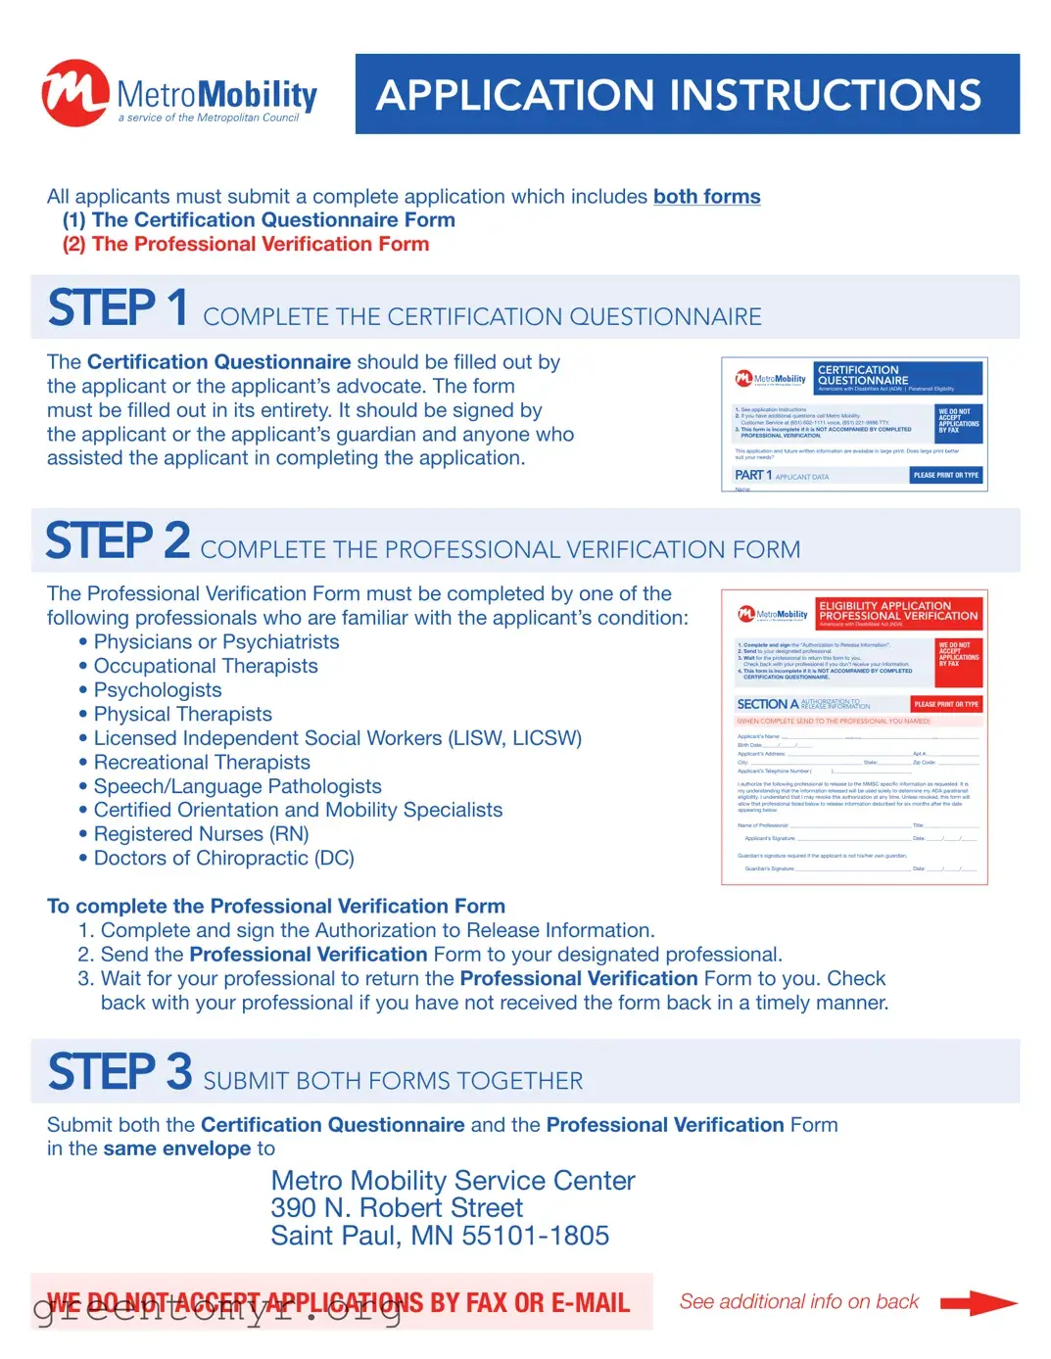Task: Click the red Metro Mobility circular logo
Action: click(74, 93)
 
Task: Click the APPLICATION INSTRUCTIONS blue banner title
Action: click(678, 95)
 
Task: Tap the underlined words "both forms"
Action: click(706, 197)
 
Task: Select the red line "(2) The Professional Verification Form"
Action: click(246, 245)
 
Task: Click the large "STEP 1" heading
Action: click(118, 308)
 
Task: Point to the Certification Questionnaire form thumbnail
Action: click(854, 424)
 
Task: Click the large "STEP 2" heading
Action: click(118, 541)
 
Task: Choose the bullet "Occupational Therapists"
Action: click(206, 667)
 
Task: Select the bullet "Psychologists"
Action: click(158, 690)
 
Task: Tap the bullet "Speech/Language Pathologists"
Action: click(237, 787)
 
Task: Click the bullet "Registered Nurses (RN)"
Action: click(201, 835)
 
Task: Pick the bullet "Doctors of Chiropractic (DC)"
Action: click(223, 859)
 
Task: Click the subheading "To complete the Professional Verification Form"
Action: click(276, 907)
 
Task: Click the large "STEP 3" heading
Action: click(119, 1072)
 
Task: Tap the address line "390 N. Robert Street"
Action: click(397, 1208)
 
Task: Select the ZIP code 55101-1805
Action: click(535, 1237)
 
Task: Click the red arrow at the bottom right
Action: click(978, 1303)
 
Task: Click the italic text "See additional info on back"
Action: click(799, 1302)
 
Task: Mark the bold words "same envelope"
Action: click(176, 1149)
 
